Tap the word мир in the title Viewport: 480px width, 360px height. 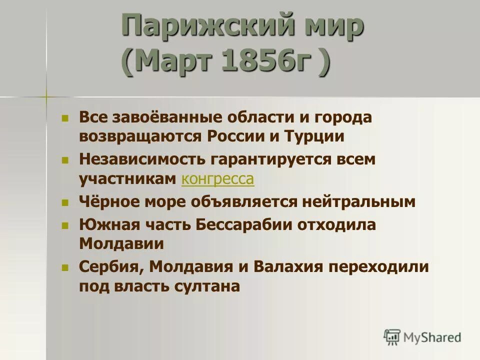pyautogui.click(x=329, y=26)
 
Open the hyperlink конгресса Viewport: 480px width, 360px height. pyautogui.click(x=218, y=179)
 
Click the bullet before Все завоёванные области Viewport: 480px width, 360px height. pyautogui.click(x=64, y=119)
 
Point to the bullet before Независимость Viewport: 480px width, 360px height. pyautogui.click(x=64, y=161)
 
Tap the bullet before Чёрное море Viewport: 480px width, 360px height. pyautogui.click(x=64, y=202)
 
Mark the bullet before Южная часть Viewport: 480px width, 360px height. pyautogui.click(x=64, y=226)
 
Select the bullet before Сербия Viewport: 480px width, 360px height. pyautogui.click(x=64, y=268)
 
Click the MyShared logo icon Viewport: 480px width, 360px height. pyautogui.click(x=392, y=336)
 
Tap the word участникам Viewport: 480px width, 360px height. pyautogui.click(x=128, y=179)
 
